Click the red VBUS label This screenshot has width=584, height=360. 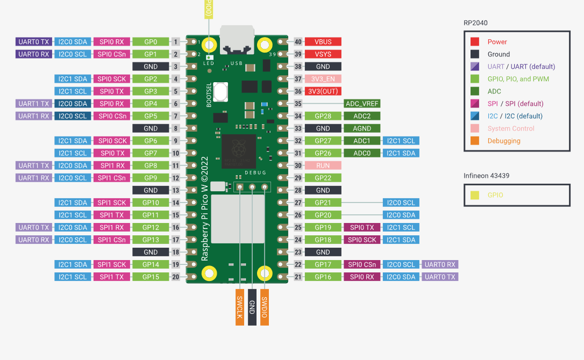[323, 42]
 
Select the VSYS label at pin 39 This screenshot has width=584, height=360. [323, 54]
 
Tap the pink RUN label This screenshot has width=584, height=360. [323, 165]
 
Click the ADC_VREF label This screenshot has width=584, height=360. [362, 104]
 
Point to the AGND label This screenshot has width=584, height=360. [362, 128]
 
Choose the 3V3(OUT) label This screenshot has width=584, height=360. [323, 91]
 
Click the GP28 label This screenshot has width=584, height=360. [323, 116]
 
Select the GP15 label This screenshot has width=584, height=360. [151, 277]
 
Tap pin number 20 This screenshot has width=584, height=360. [176, 277]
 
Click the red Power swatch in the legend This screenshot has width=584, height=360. [475, 42]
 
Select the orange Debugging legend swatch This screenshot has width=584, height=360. [475, 141]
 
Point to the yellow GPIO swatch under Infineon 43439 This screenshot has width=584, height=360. [475, 195]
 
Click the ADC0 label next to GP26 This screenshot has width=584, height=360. [362, 153]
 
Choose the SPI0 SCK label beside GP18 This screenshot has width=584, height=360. [362, 240]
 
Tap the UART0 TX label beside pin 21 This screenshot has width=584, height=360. [439, 277]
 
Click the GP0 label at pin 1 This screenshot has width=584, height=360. [151, 42]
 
